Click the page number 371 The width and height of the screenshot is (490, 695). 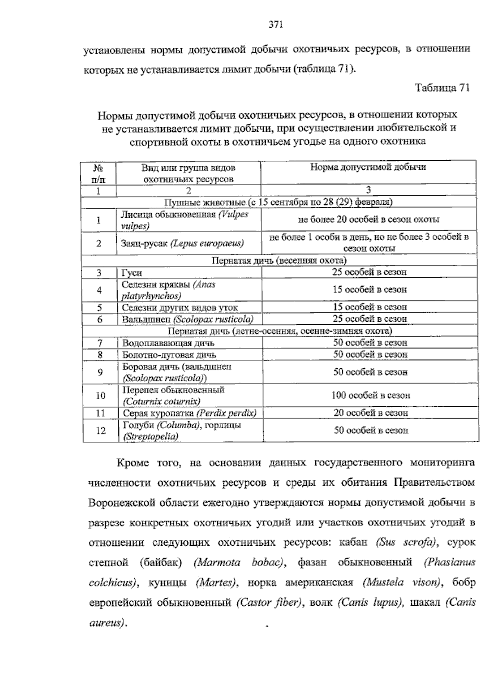[x=276, y=25]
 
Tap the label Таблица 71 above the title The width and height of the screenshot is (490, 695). [x=442, y=88]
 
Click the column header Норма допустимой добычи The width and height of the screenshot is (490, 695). [x=368, y=167]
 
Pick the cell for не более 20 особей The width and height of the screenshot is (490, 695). [x=368, y=220]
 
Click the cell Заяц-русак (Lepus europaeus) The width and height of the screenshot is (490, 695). [x=183, y=243]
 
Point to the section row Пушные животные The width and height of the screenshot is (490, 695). [x=278, y=202]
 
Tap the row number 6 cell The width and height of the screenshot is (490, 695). [x=99, y=319]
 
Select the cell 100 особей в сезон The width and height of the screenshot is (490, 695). [x=370, y=395]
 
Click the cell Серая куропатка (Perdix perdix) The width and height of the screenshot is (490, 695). [x=189, y=413]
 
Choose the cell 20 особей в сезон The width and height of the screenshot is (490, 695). [x=370, y=413]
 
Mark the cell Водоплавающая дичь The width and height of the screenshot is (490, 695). [x=168, y=343]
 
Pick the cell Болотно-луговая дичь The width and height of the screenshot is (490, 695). [x=169, y=355]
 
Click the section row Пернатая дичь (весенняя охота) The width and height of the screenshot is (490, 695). [x=279, y=261]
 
